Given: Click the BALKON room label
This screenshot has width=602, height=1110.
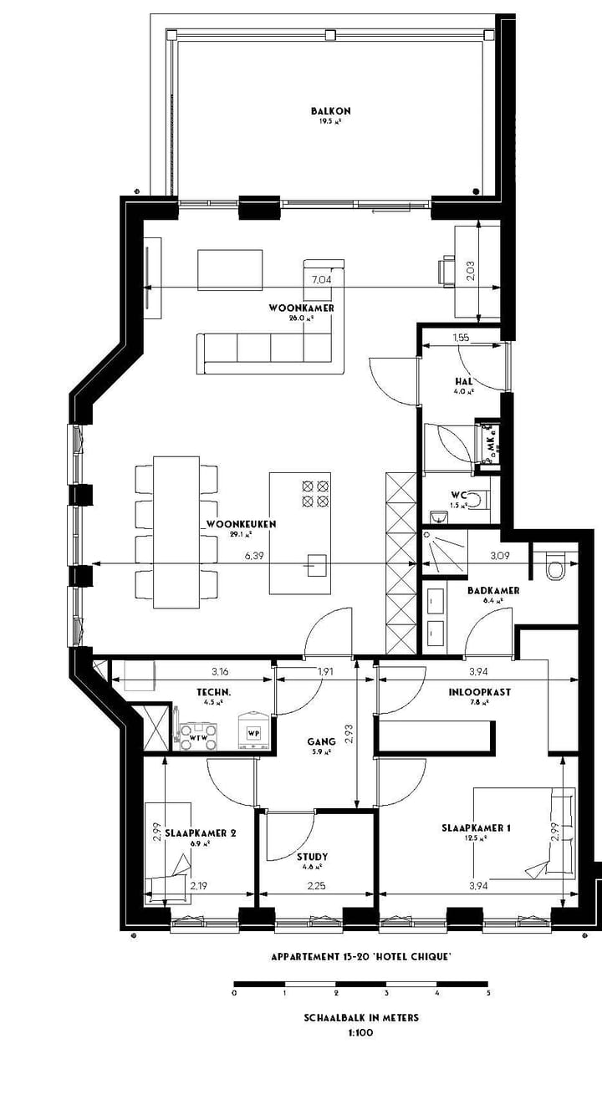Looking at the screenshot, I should (330, 111).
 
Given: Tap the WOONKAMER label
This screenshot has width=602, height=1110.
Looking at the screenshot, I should (301, 308).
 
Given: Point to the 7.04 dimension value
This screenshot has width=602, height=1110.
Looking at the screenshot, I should (321, 280).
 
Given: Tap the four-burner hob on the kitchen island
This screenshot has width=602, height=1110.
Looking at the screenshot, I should (314, 493).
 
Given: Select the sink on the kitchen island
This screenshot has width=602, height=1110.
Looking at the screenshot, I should (315, 565).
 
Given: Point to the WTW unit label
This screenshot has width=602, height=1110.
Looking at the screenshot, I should (198, 738).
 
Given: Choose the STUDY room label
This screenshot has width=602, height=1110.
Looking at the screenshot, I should (312, 857).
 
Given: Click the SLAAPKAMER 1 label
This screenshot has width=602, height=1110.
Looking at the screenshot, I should (476, 828).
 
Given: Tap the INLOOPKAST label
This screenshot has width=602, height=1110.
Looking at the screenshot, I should (480, 692).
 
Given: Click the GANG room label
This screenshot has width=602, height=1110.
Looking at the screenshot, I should (321, 741).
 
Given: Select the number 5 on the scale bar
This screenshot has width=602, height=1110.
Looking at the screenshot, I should (488, 994).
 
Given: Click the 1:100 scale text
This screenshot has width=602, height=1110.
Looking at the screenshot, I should (361, 1032).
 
